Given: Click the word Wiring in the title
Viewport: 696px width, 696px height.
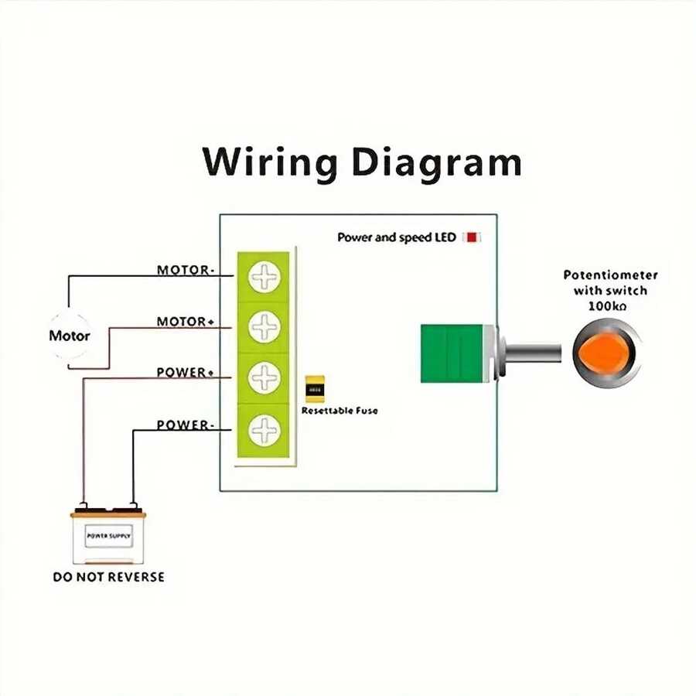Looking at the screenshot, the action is tap(269, 163).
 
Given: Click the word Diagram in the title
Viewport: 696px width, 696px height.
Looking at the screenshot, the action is tap(437, 163).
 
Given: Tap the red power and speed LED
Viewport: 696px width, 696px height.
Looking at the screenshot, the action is tap(472, 237).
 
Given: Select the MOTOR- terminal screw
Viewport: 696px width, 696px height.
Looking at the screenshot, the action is tap(264, 277).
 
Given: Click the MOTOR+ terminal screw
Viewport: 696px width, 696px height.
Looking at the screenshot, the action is tap(264, 326).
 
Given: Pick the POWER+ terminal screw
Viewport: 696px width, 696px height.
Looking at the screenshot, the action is tap(264, 377).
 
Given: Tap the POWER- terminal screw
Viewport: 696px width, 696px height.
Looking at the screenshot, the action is tap(264, 430).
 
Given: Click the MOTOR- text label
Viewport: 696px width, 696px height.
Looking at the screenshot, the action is tap(186, 270).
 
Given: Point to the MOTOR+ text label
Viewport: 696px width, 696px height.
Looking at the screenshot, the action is tap(186, 322).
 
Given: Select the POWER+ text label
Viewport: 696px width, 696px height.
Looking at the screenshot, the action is tap(186, 372).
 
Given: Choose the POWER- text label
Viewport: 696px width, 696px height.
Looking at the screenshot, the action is tap(186, 425).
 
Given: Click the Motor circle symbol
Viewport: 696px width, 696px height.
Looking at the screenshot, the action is tap(70, 336).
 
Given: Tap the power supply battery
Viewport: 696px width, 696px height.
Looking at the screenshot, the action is tap(108, 535).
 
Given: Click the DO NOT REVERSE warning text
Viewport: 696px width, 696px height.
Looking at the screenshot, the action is tap(109, 577).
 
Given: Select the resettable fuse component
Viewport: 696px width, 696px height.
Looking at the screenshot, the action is tap(315, 389).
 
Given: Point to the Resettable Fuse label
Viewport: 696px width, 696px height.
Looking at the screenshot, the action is tap(339, 411).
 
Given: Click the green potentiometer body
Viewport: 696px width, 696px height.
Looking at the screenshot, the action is tap(452, 353).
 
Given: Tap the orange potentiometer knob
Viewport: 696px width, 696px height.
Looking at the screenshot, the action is tap(602, 353).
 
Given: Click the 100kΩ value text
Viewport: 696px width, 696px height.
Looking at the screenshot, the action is tap(607, 305).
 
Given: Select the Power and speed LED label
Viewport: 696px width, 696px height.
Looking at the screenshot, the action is tap(397, 237).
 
